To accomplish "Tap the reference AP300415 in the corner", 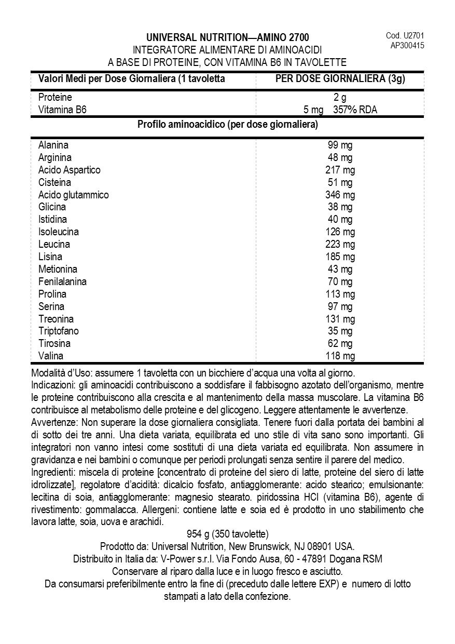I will (407, 45).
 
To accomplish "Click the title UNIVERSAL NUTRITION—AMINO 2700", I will (227, 37).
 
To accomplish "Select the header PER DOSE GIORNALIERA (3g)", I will (340, 79).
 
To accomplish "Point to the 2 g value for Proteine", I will (340, 98).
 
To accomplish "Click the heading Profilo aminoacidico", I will (227, 125).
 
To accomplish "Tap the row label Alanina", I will (53, 145).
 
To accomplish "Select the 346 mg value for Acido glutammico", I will (340, 195).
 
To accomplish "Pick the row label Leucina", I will (54, 244).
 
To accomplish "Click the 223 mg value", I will (340, 244).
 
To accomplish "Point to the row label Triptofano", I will (58, 331).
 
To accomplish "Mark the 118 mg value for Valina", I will (340, 356).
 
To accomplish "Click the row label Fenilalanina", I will (62, 281).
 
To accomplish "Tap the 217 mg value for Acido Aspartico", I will (340, 170).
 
